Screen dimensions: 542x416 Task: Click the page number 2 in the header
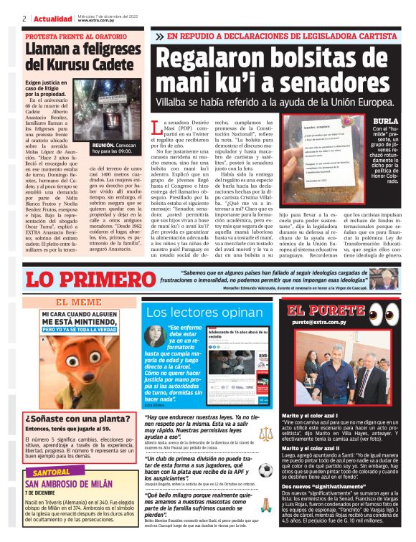coord(24,19)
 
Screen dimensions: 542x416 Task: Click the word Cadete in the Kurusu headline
coord(105,65)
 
